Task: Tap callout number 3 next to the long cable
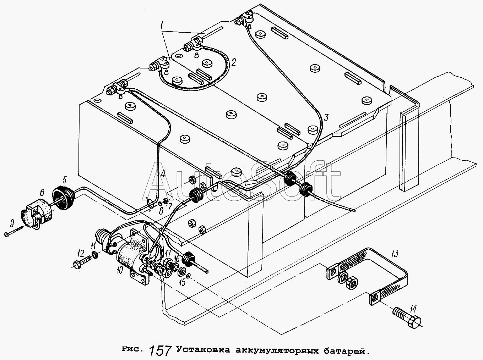tap(326, 117)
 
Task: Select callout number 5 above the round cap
tap(65, 178)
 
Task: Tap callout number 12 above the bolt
tap(81, 253)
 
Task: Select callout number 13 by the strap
tap(395, 253)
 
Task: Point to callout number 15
tap(182, 282)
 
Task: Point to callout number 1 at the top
tap(162, 25)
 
